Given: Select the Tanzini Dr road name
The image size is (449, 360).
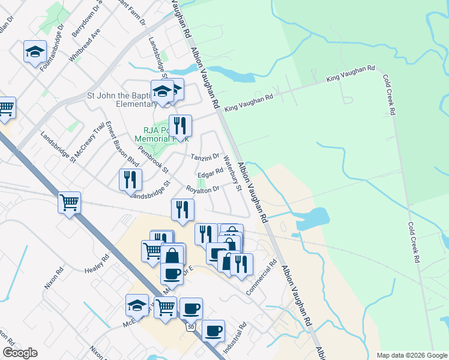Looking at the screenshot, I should coord(205,157).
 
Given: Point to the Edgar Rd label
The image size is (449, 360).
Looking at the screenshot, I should coord(210,173).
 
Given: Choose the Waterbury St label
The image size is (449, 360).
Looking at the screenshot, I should coord(232,173).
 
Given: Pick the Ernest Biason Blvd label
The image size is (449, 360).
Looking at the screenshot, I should coord(122,144).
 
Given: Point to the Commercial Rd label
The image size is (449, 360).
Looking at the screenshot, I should coord(263,277).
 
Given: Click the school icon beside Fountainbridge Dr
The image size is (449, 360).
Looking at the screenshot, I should coord(35,52).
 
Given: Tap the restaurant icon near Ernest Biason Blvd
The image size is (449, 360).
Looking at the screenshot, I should coord(130,179).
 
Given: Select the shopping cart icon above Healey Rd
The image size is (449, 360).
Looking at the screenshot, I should coord(70,203).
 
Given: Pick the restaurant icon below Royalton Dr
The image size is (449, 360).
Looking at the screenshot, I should coord(182,209).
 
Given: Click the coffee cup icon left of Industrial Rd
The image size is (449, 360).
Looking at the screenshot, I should coord(213,331).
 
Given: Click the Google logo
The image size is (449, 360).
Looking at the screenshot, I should coord(20,353).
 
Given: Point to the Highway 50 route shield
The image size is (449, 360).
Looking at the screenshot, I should coord(190,327).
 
